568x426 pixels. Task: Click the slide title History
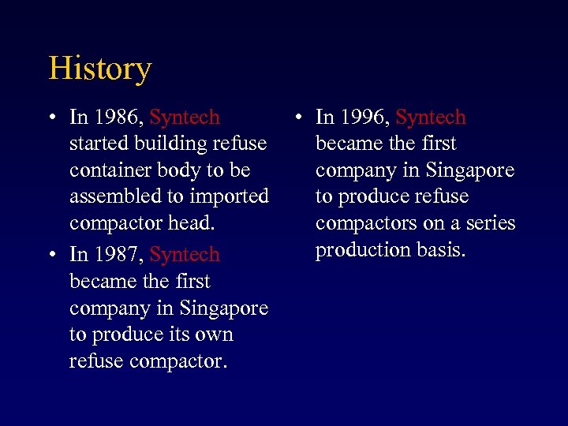pos(99,69)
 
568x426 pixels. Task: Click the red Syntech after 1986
pos(185,118)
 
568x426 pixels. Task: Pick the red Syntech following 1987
pos(185,255)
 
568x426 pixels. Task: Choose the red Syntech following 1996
pos(431,118)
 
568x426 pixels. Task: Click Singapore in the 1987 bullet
pos(224,308)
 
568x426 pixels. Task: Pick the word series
pos(489,223)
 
